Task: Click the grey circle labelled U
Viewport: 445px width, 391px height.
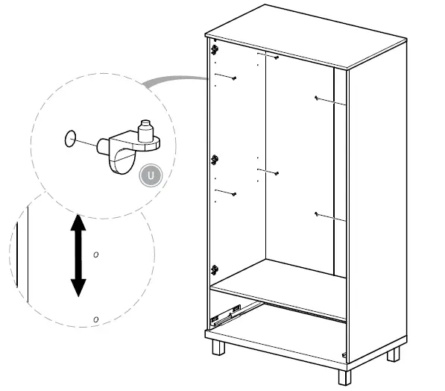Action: [151, 175]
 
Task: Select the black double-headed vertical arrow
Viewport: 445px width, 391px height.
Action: [78, 255]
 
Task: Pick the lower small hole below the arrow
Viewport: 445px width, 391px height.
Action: [95, 319]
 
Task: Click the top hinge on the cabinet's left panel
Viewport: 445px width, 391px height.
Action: [215, 50]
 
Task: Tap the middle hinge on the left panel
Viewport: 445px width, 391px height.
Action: [215, 159]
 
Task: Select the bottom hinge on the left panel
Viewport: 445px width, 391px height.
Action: [215, 269]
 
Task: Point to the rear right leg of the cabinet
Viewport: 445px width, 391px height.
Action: [393, 352]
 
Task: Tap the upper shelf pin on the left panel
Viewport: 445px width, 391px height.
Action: [233, 78]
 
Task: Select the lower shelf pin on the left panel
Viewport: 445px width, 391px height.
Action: [233, 193]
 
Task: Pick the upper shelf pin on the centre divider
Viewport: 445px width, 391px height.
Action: [276, 57]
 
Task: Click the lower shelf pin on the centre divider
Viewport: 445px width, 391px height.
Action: [276, 173]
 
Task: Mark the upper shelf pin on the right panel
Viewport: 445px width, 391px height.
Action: [318, 98]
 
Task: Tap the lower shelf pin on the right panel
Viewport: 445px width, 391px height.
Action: [318, 215]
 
